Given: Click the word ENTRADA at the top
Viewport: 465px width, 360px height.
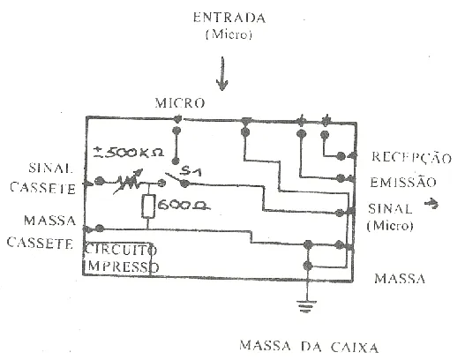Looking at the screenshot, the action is (229, 18).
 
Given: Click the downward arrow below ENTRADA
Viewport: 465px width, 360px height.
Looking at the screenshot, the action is (222, 73).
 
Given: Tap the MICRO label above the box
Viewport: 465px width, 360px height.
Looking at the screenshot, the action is (180, 103).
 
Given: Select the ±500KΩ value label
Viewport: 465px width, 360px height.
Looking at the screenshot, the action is (129, 153).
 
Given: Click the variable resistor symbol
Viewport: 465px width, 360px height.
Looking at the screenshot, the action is (128, 182).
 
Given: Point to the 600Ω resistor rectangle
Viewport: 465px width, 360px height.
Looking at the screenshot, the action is (148, 206).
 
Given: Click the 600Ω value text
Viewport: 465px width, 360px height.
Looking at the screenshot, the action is (184, 206).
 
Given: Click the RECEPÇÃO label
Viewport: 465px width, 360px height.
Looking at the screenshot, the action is (412, 158).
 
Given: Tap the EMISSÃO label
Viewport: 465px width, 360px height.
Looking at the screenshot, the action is (403, 182).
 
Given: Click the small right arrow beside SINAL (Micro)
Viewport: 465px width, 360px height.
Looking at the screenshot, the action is (431, 204).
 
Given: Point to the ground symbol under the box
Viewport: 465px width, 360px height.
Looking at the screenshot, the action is (307, 306).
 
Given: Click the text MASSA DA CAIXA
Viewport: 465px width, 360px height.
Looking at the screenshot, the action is (309, 347).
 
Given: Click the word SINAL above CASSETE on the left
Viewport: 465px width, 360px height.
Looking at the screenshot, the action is (50, 169).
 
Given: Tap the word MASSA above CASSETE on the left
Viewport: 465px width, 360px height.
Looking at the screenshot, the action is (49, 221).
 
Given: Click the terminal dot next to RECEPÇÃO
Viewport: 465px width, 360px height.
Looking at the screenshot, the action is (341, 156).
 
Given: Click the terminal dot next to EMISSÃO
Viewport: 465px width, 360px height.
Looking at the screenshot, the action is (341, 178).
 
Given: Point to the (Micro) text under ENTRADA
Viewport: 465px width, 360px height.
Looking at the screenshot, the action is (229, 34).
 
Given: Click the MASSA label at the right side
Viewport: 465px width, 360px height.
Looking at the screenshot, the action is (400, 279).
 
